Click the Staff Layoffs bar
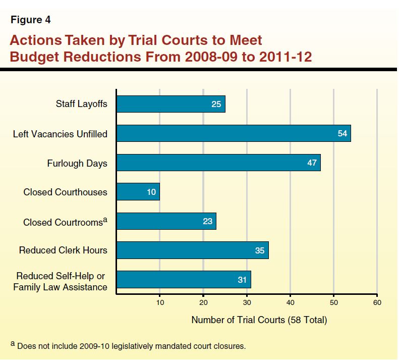click(x=170, y=105)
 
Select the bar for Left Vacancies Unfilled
click(x=233, y=134)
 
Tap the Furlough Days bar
click(x=218, y=163)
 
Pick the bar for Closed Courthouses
click(x=138, y=192)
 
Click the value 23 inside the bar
click(x=207, y=221)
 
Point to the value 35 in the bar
click(x=259, y=250)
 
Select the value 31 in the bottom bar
click(x=242, y=280)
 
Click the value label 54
click(x=342, y=134)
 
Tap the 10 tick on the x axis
click(x=159, y=302)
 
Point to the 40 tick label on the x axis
click(x=290, y=302)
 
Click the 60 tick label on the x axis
click(x=377, y=302)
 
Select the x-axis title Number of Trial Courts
click(x=259, y=320)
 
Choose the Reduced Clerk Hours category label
click(x=63, y=250)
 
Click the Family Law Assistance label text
click(x=61, y=287)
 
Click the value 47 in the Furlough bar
click(x=312, y=163)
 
